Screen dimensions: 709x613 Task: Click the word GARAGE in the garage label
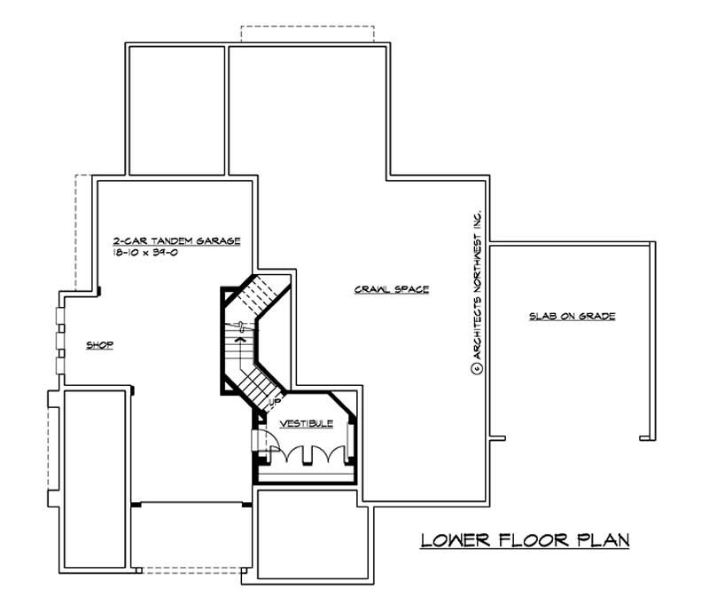pyautogui.click(x=218, y=241)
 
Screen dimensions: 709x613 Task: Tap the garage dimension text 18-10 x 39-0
pyautogui.click(x=145, y=253)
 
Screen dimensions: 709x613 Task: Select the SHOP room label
pyautogui.click(x=100, y=345)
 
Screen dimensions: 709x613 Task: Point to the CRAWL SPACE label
pyautogui.click(x=392, y=289)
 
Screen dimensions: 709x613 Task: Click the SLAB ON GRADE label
pyautogui.click(x=572, y=316)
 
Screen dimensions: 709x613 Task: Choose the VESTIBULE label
pyautogui.click(x=306, y=424)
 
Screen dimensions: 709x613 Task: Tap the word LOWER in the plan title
pyautogui.click(x=456, y=540)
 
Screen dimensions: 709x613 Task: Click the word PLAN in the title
pyautogui.click(x=604, y=540)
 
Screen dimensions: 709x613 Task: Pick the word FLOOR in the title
pyautogui.click(x=534, y=540)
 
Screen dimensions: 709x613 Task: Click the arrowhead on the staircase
pyautogui.click(x=240, y=338)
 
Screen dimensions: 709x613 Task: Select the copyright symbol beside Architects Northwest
pyautogui.click(x=477, y=368)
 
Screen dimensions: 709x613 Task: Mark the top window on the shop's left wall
pyautogui.click(x=60, y=315)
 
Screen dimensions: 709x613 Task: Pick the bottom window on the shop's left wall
pyautogui.click(x=60, y=365)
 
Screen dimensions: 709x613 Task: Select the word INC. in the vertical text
pyautogui.click(x=477, y=221)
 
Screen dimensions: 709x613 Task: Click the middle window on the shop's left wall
pyautogui.click(x=60, y=341)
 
